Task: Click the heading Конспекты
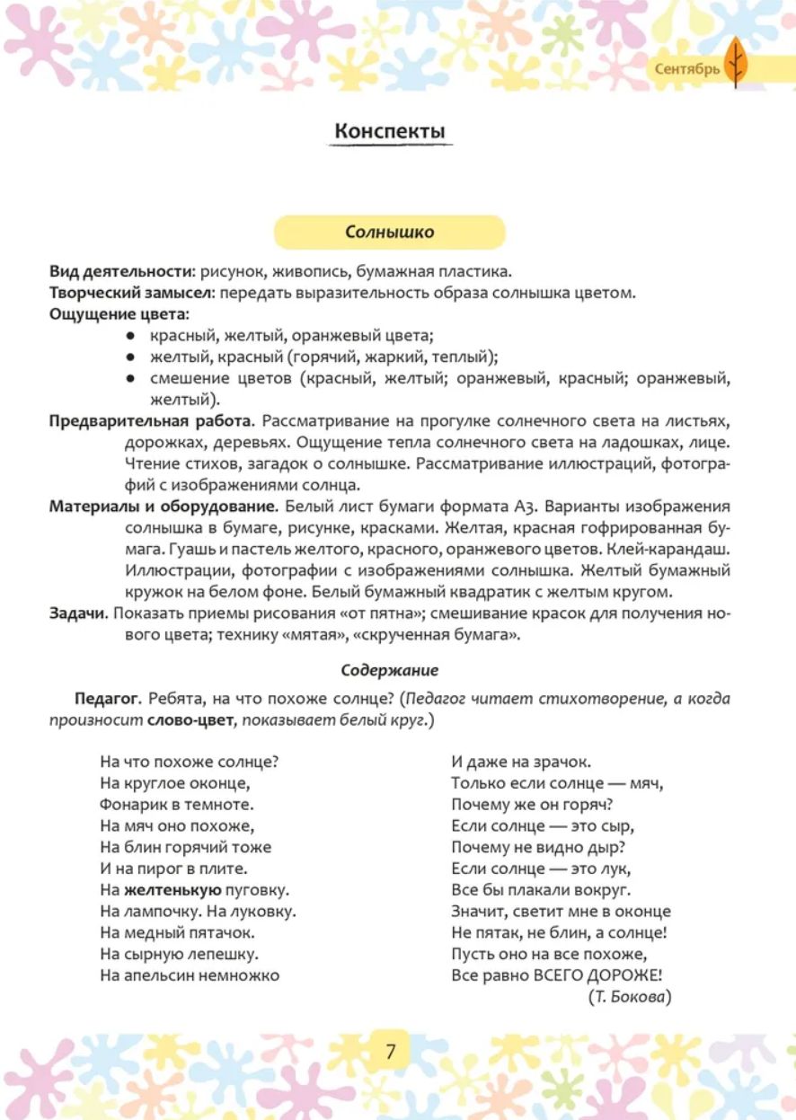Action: pos(389,131)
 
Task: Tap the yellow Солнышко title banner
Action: pos(389,233)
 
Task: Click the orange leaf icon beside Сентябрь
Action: pos(736,65)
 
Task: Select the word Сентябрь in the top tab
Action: pos(687,68)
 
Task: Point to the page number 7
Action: pos(391,1052)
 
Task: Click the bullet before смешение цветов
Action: pos(131,379)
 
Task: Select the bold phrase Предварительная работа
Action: pos(152,421)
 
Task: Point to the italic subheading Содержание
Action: pos(390,670)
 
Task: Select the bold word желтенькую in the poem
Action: pos(172,890)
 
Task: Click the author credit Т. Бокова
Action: pos(632,997)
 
